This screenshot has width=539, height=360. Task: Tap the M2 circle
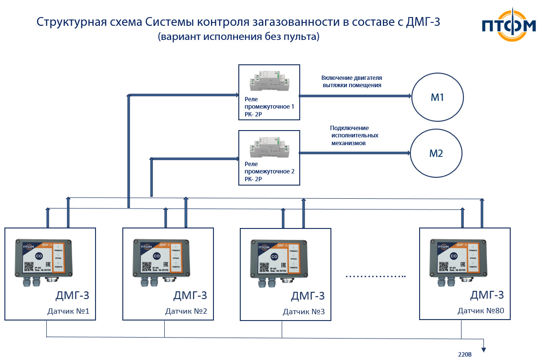coord(436,153)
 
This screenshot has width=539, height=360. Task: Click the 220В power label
coord(465,354)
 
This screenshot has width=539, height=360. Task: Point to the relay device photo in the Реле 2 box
coord(268,146)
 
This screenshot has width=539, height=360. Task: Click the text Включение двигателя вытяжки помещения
coord(351,81)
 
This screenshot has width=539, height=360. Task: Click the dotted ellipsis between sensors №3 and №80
coord(376,276)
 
